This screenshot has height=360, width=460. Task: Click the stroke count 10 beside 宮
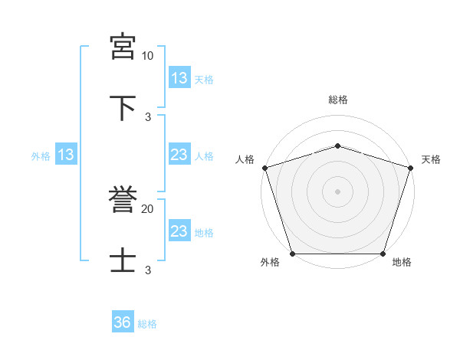(147, 56)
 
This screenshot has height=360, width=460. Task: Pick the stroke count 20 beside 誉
(147, 208)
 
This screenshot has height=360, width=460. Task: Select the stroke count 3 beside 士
(147, 270)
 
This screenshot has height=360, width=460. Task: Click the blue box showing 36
(123, 323)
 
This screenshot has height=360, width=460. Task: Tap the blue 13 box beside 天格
(179, 78)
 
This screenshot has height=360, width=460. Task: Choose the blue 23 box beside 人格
(179, 155)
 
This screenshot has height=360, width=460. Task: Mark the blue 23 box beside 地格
(179, 231)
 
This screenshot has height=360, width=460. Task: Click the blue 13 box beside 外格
(66, 155)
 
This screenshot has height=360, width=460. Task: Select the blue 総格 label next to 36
(147, 324)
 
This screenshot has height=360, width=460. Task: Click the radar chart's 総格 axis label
(337, 100)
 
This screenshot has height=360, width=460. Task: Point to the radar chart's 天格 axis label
(431, 159)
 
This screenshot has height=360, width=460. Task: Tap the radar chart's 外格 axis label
(270, 262)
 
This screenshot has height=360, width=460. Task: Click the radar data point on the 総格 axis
(337, 146)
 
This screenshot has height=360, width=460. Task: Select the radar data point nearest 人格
(264, 168)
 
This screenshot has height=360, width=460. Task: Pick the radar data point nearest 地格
(383, 254)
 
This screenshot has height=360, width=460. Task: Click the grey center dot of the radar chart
(337, 191)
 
